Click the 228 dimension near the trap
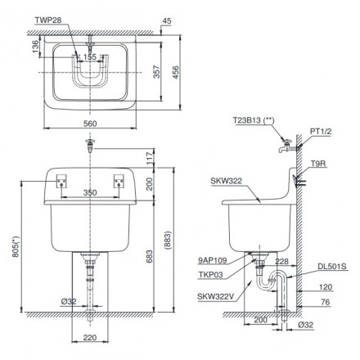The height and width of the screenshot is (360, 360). pos(282,262)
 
